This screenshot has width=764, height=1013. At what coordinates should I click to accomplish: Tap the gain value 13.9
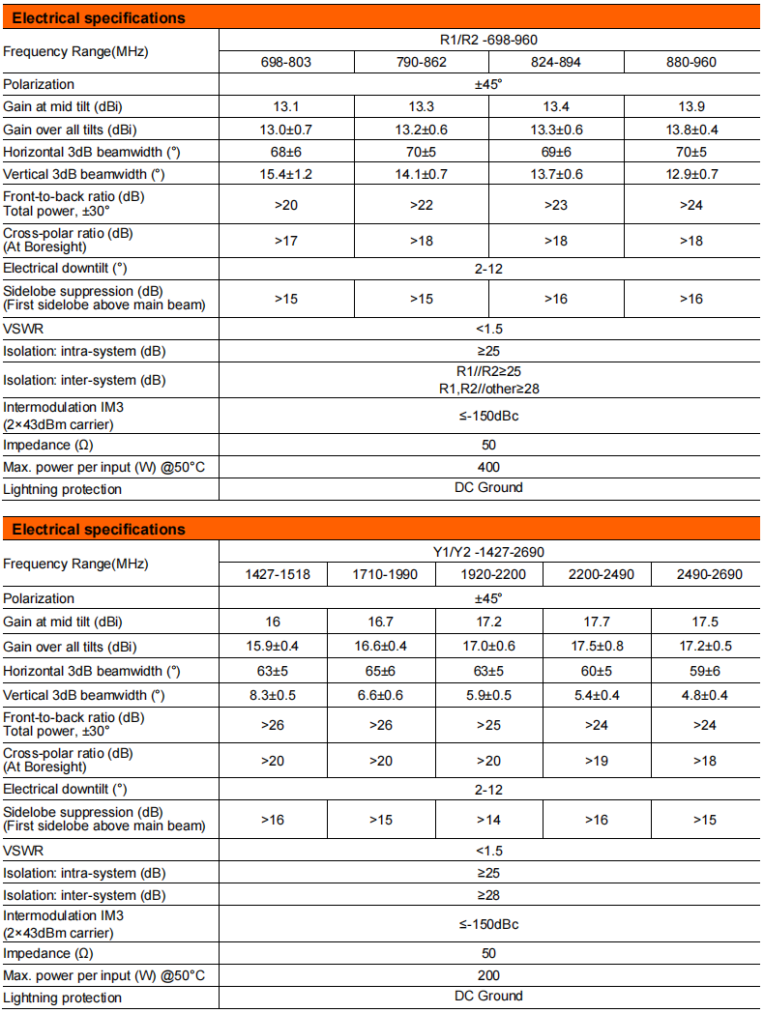[691, 107]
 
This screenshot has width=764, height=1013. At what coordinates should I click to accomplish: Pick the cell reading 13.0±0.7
[286, 130]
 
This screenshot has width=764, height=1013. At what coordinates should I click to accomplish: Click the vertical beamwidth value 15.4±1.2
[286, 174]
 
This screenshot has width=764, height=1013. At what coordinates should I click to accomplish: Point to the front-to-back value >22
[422, 205]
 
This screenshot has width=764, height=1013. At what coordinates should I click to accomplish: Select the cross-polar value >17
[286, 240]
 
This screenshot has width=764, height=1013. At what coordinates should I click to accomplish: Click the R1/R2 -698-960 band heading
[488, 40]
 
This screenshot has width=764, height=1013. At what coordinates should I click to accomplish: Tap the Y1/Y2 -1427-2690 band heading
[488, 552]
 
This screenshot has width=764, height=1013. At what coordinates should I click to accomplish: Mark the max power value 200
[488, 975]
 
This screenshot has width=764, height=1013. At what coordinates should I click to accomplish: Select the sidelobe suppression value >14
[488, 820]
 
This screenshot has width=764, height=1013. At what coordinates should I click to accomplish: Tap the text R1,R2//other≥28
[488, 388]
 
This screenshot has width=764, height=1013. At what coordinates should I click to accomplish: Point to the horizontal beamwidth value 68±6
[286, 152]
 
